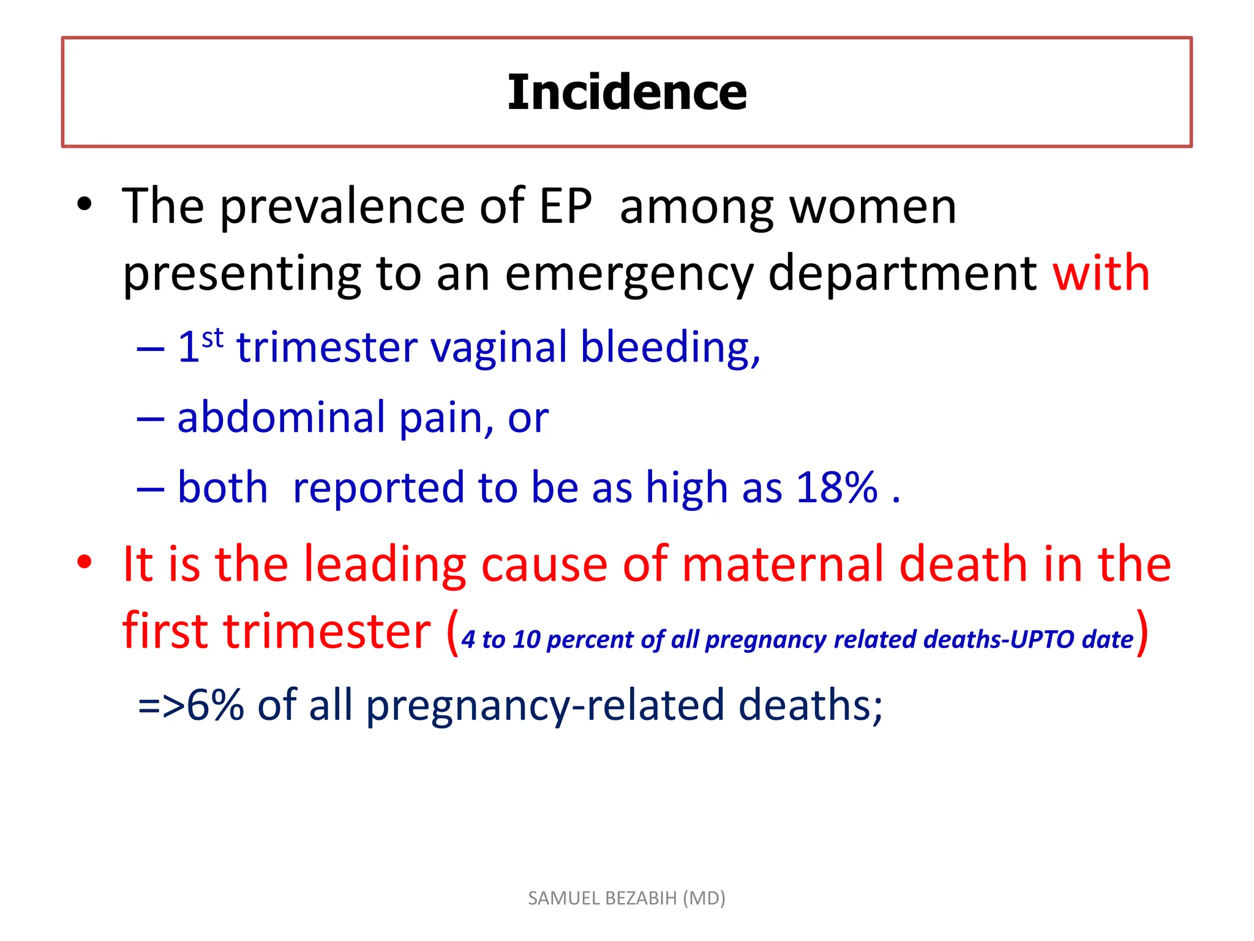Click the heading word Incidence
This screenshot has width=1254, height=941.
coord(627,93)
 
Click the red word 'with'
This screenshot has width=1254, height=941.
coord(1100,273)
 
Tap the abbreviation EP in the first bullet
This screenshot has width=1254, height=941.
coord(565,206)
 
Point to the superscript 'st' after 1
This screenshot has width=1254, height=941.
coord(212,338)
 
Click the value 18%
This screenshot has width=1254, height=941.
coord(837,488)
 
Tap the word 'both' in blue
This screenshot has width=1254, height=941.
coord(222,488)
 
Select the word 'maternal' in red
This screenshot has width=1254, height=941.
coord(783,564)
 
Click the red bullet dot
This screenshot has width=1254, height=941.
coord(84,561)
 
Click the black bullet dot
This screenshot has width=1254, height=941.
coord(84,204)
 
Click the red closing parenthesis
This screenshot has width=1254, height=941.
coord(1142,632)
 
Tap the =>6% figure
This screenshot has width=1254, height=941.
coord(190,705)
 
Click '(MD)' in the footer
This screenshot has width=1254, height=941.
coord(704,898)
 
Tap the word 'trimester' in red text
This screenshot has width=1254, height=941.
coord(327,631)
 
